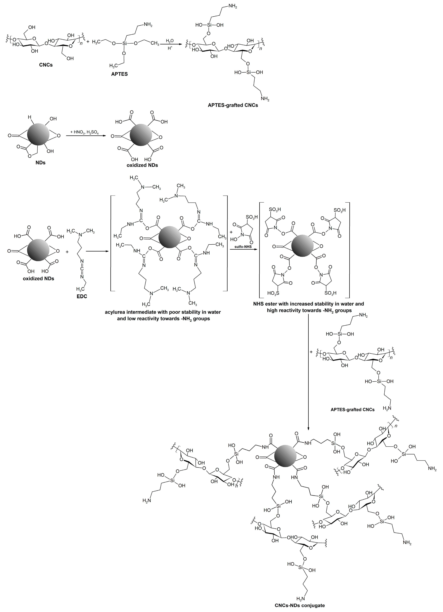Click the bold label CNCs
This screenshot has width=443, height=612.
[46, 65]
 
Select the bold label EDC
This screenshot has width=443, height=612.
[82, 296]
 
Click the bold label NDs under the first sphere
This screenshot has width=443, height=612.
[40, 163]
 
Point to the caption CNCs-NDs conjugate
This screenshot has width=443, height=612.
[300, 605]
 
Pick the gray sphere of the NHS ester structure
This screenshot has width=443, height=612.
[303, 246]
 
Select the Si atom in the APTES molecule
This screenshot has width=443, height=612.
[124, 43]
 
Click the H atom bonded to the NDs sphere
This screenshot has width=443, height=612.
[30, 117]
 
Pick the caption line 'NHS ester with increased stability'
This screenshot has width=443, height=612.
[308, 304]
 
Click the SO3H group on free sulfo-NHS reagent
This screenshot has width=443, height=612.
[252, 217]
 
